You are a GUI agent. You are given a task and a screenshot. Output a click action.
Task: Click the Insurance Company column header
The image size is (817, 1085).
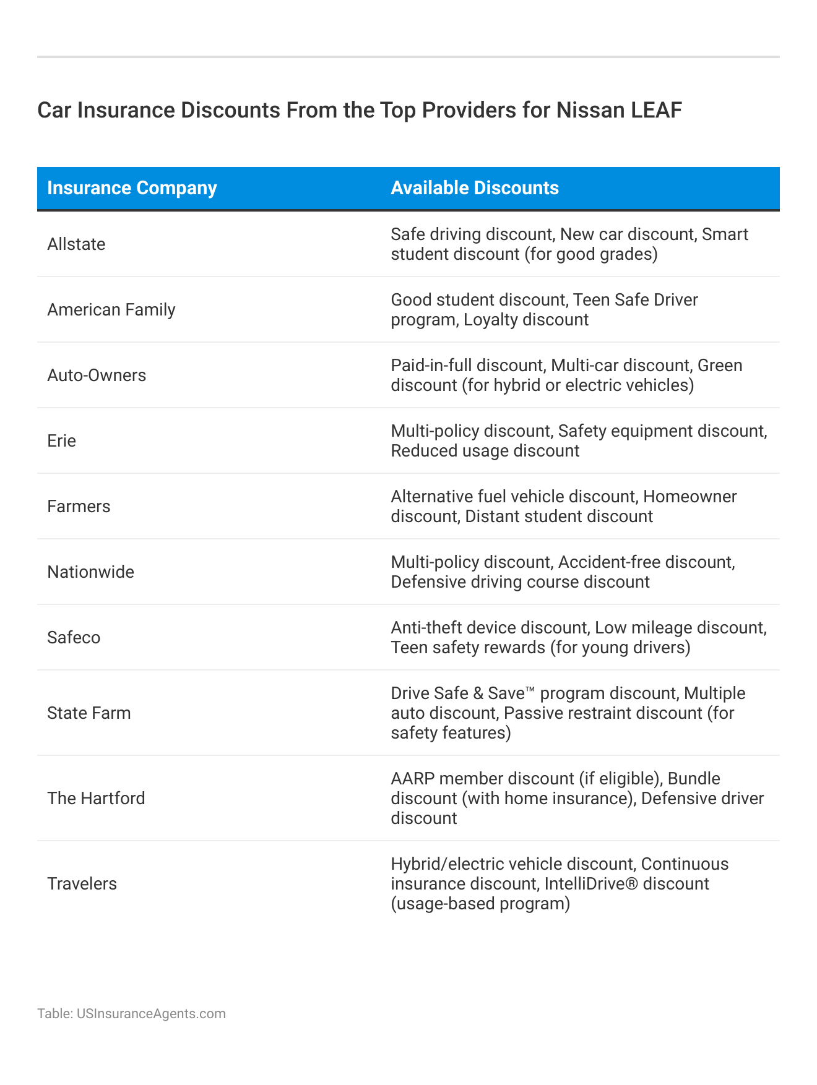(132, 188)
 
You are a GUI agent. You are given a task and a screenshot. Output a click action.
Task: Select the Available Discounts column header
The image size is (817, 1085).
(475, 188)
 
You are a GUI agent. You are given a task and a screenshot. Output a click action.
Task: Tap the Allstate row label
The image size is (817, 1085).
(76, 244)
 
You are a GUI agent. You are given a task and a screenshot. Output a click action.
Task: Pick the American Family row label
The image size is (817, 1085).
(111, 310)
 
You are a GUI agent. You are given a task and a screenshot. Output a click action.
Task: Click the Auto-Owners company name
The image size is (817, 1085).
(97, 375)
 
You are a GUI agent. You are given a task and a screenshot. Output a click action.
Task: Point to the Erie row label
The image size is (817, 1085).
(62, 441)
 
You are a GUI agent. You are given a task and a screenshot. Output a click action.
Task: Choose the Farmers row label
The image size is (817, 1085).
(79, 507)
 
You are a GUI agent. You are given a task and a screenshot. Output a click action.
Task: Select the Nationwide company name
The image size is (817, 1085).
(90, 572)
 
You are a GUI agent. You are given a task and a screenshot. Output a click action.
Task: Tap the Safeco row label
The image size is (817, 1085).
(74, 638)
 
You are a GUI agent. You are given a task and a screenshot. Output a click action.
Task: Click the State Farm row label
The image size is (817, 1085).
(89, 713)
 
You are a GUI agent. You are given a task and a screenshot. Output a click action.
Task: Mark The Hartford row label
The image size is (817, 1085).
(96, 799)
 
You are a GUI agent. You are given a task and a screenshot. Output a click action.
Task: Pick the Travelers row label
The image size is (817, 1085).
(82, 884)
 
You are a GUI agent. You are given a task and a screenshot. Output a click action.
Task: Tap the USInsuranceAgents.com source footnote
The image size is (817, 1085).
(131, 1014)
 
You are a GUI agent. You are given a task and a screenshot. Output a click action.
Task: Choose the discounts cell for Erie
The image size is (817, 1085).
(579, 441)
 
